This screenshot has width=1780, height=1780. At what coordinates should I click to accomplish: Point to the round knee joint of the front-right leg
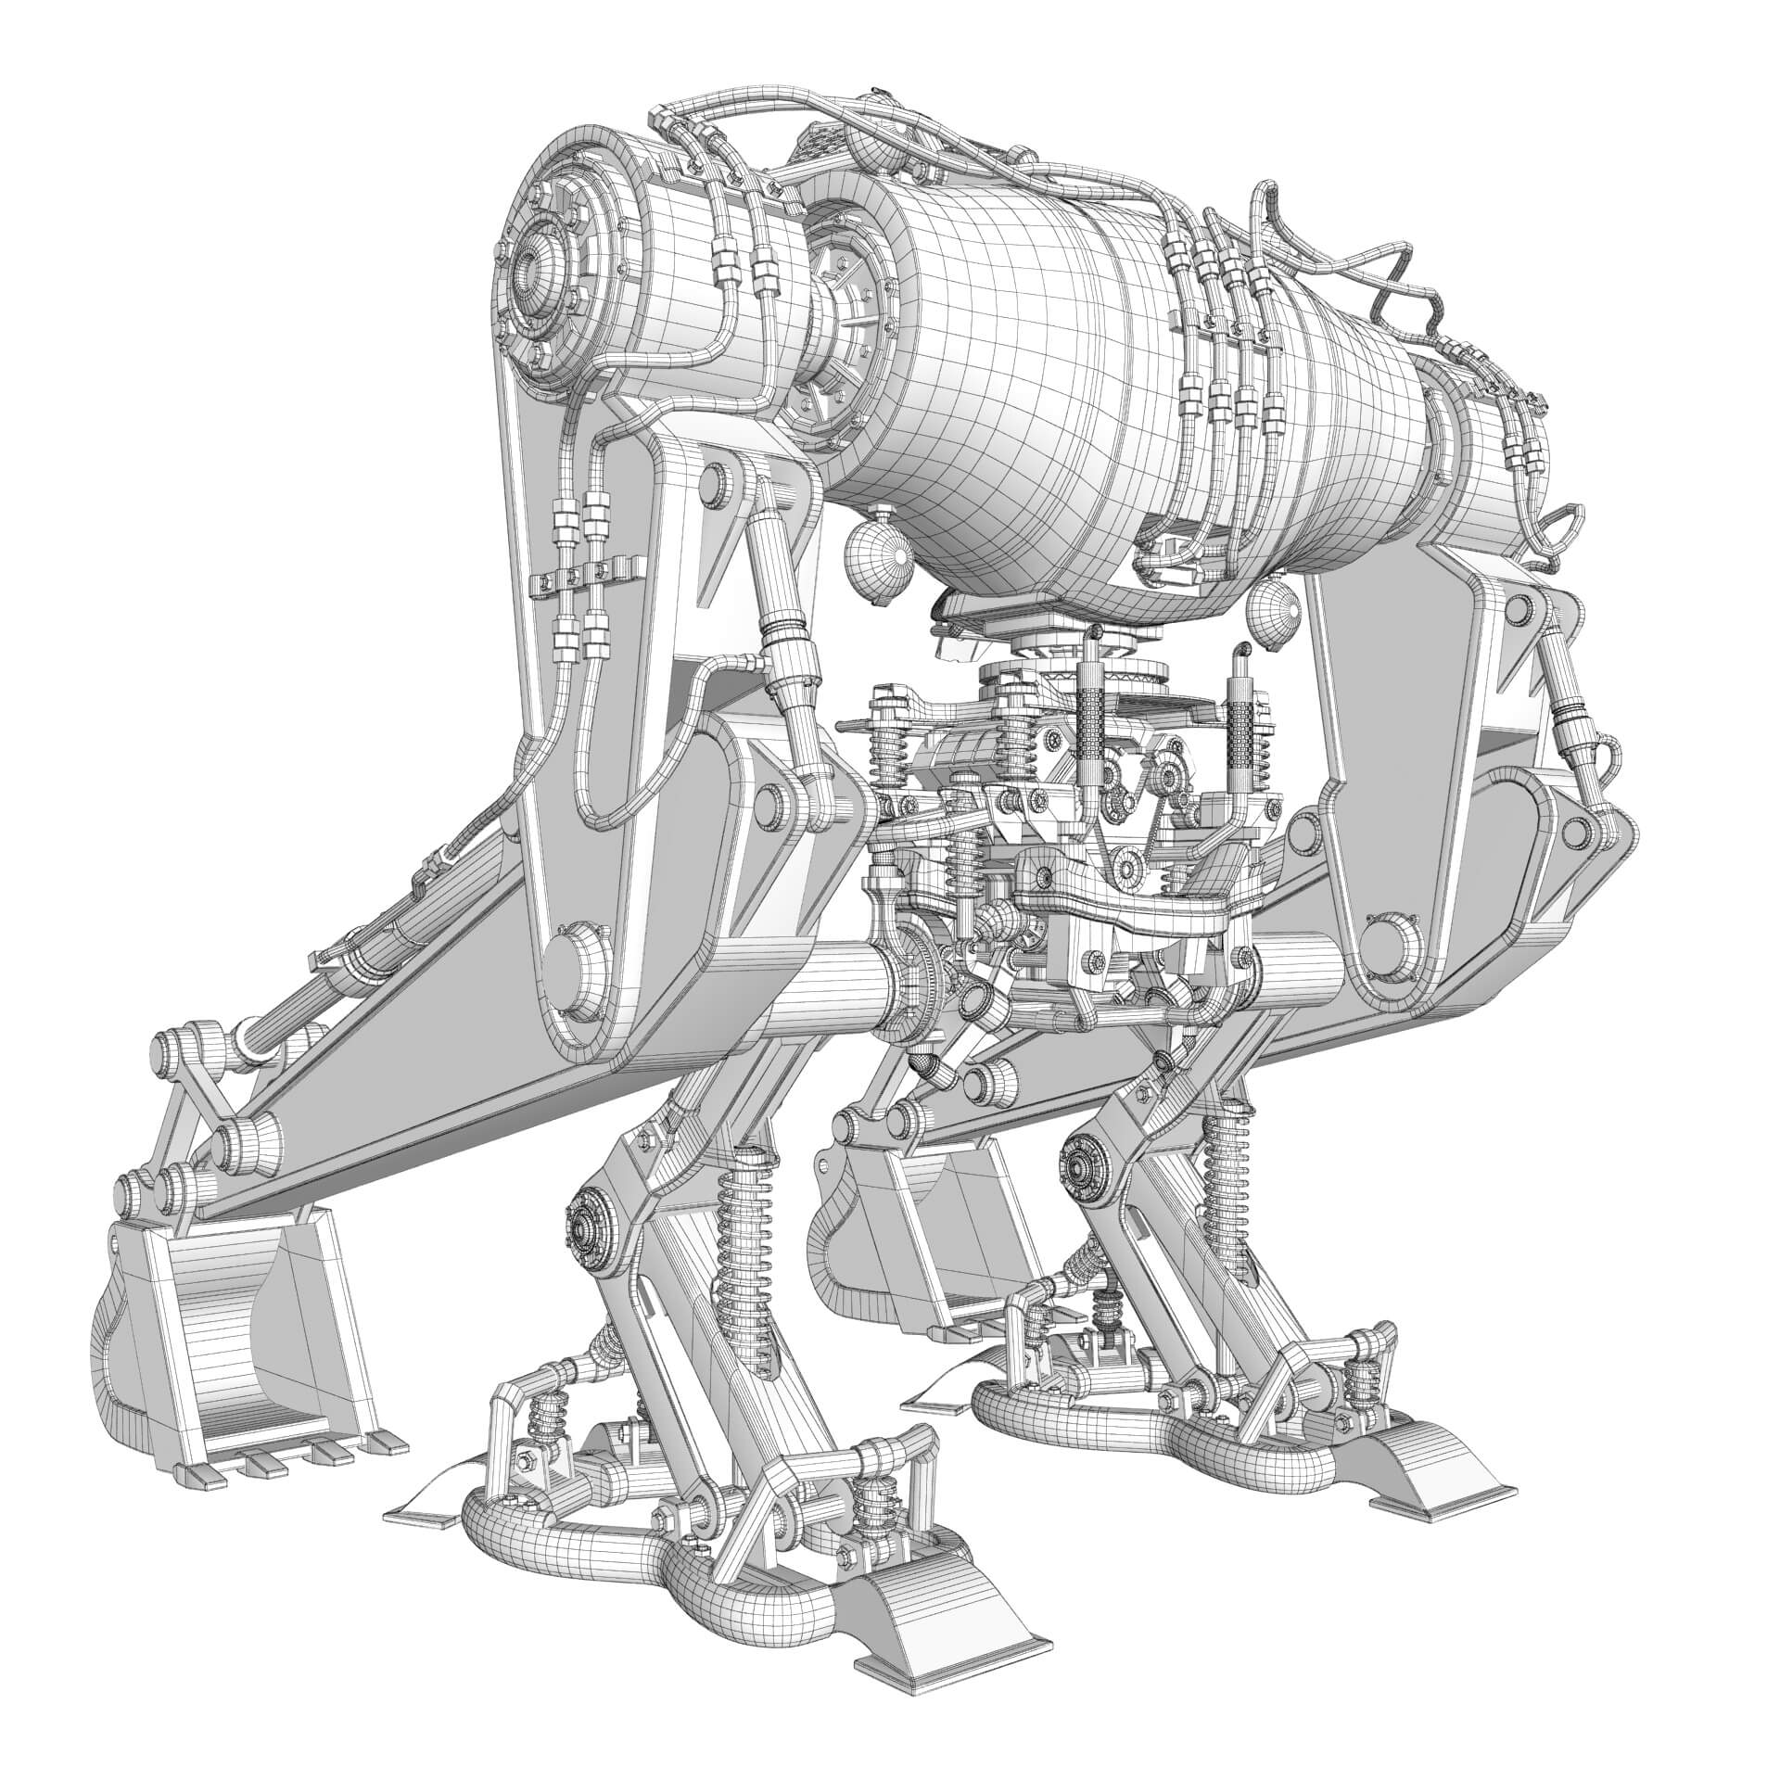(x=1081, y=1176)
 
